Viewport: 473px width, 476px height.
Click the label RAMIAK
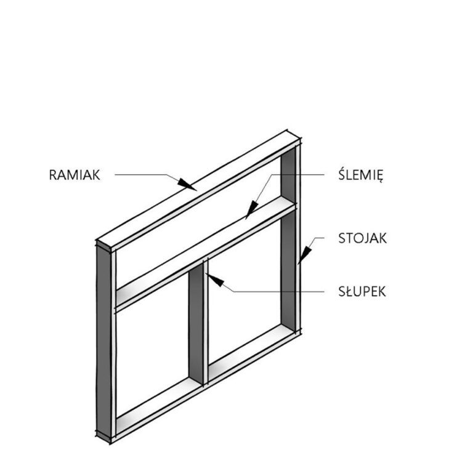tap(75, 175)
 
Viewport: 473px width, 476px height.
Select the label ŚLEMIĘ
tap(361, 174)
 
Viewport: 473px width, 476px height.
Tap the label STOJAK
tap(363, 238)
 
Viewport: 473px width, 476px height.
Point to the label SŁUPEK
tap(362, 292)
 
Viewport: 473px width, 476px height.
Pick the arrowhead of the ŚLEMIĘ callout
tap(252, 210)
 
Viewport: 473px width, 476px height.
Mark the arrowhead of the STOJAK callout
tap(304, 255)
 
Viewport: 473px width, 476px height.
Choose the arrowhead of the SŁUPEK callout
tap(214, 280)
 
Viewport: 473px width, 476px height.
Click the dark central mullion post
tap(196, 325)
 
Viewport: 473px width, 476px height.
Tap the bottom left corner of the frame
tap(110, 443)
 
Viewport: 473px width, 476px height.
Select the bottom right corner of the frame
tap(301, 333)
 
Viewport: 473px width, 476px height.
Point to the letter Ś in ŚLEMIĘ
tap(342, 174)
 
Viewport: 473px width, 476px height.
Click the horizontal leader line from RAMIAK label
tap(140, 174)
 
